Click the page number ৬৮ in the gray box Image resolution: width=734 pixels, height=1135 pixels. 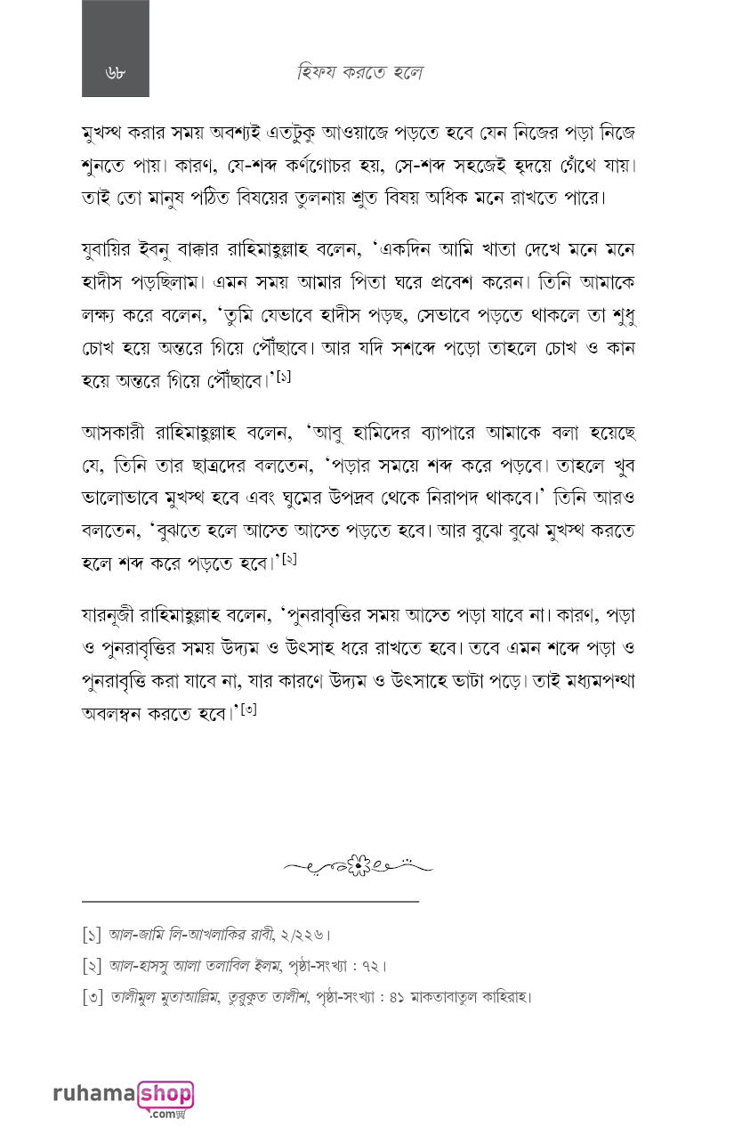click(x=115, y=73)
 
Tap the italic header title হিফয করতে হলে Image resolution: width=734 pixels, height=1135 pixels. click(x=359, y=73)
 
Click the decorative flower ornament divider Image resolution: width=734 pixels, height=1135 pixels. click(x=359, y=863)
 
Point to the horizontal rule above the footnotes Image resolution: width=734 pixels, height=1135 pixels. click(x=249, y=902)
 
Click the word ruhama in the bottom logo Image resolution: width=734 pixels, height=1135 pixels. click(x=93, y=1093)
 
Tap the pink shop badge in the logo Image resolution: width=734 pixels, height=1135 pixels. click(x=165, y=1094)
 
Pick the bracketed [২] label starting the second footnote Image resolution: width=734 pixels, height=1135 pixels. click(x=92, y=966)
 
